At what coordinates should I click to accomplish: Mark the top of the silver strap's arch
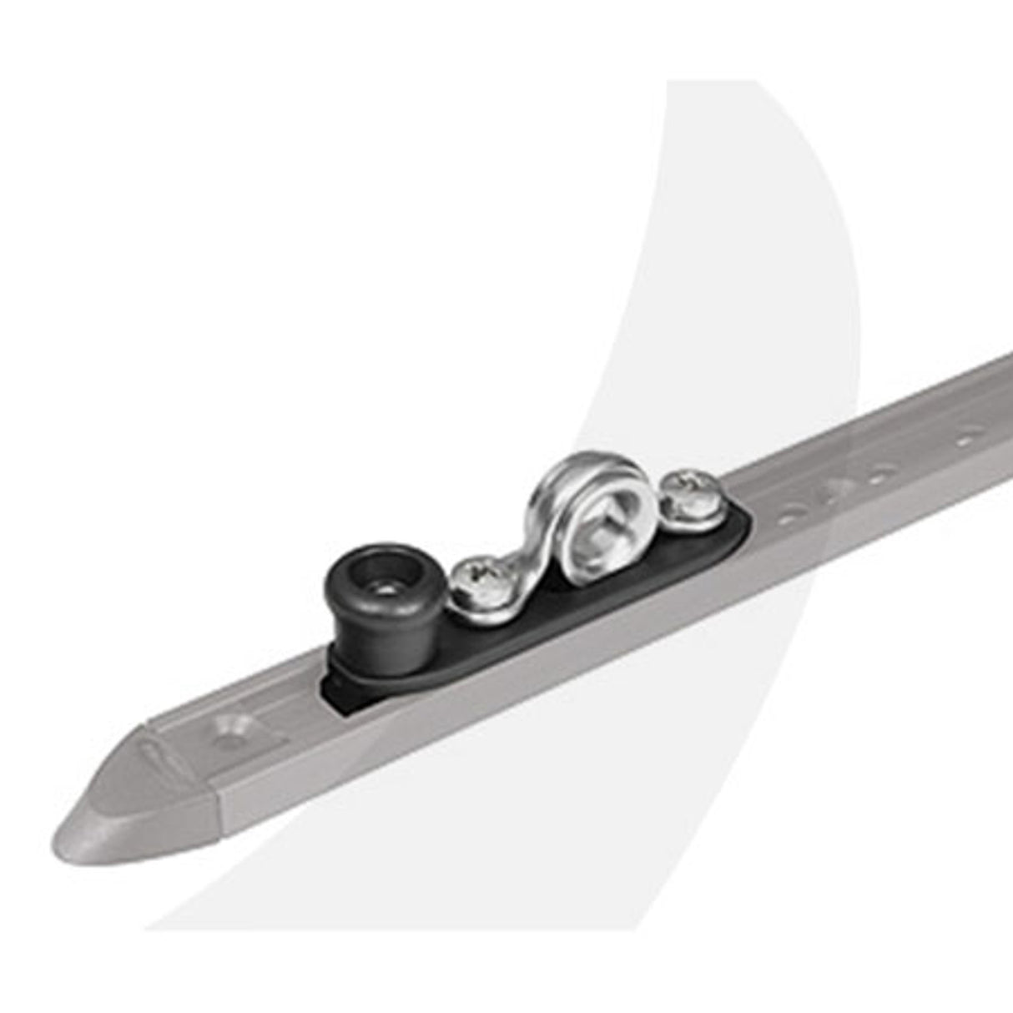576,476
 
